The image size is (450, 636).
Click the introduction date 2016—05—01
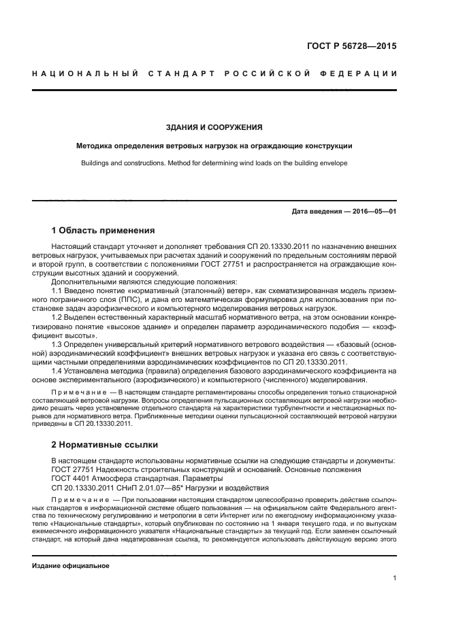373,212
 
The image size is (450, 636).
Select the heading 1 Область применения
103,231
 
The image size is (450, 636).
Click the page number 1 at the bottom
395,579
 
